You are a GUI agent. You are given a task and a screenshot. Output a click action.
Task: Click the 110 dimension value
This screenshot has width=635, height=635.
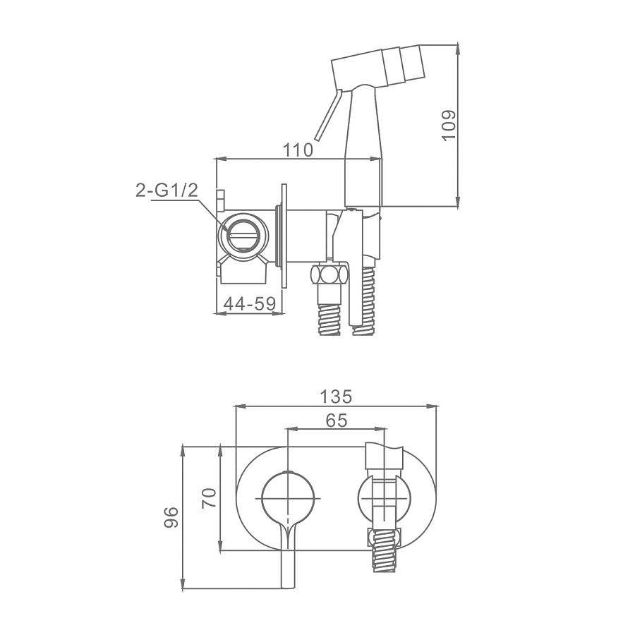(x=298, y=150)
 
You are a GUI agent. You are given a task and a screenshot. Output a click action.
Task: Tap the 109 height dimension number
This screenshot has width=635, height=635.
(x=449, y=125)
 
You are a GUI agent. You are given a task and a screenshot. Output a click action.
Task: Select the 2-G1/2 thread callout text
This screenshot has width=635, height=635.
(x=167, y=190)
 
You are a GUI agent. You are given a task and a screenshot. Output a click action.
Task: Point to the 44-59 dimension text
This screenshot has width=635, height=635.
(x=250, y=303)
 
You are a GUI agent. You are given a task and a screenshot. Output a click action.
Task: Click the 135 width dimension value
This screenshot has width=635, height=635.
(x=336, y=397)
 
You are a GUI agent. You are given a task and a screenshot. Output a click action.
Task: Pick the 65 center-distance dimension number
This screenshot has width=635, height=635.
(x=336, y=421)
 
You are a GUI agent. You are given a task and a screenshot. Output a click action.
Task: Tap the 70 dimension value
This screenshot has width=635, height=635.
(x=210, y=497)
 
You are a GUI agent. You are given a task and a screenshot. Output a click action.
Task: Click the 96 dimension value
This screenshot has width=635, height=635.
(x=171, y=516)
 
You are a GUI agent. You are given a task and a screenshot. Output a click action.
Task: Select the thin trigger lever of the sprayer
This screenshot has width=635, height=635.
(x=328, y=116)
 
